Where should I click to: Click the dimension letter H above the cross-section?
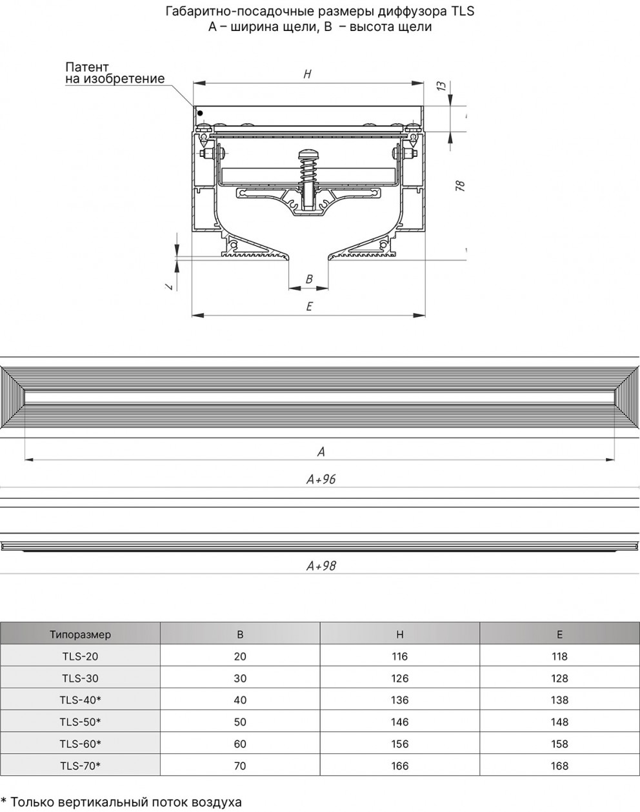coord(308,74)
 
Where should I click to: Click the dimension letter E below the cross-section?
coord(309,306)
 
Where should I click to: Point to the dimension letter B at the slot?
coord(309,279)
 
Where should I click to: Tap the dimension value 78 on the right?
coord(460,186)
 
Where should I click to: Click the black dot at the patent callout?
coord(200,113)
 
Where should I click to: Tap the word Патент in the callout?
coord(87,67)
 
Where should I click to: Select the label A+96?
coord(321,479)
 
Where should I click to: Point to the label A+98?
coord(321,565)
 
